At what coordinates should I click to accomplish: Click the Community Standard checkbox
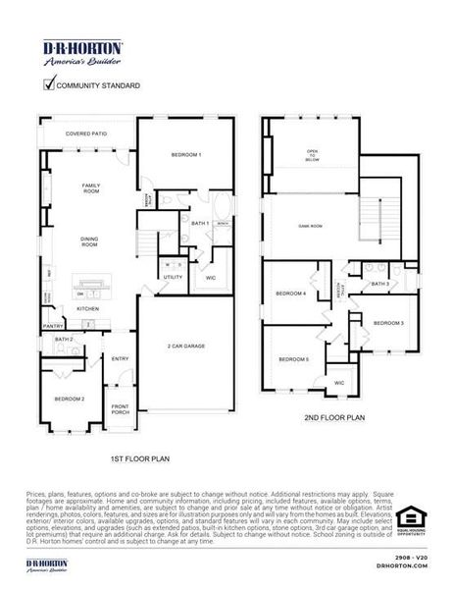(x=49, y=84)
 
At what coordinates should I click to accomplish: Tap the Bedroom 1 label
(x=186, y=155)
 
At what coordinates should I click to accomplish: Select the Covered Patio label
(x=86, y=133)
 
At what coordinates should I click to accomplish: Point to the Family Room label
(x=91, y=187)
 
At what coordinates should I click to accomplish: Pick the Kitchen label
(x=89, y=307)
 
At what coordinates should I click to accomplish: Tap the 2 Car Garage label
(x=186, y=347)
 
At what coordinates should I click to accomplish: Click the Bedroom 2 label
(x=69, y=399)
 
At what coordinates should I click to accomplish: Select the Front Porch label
(x=120, y=408)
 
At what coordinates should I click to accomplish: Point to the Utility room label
(x=173, y=278)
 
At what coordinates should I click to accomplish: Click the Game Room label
(x=310, y=226)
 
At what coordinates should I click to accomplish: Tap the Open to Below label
(x=313, y=154)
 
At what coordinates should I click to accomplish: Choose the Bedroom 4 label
(x=290, y=294)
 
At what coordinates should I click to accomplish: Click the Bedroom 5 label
(x=293, y=360)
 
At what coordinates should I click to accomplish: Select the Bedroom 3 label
(x=388, y=323)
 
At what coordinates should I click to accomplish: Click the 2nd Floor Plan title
(x=333, y=417)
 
